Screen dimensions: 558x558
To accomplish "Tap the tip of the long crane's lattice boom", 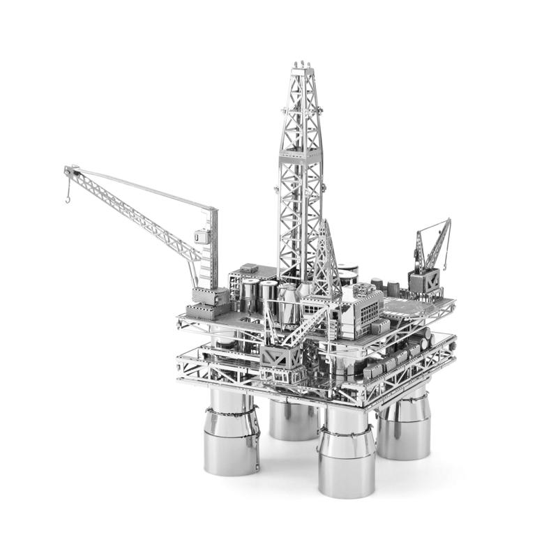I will click(x=67, y=169).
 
